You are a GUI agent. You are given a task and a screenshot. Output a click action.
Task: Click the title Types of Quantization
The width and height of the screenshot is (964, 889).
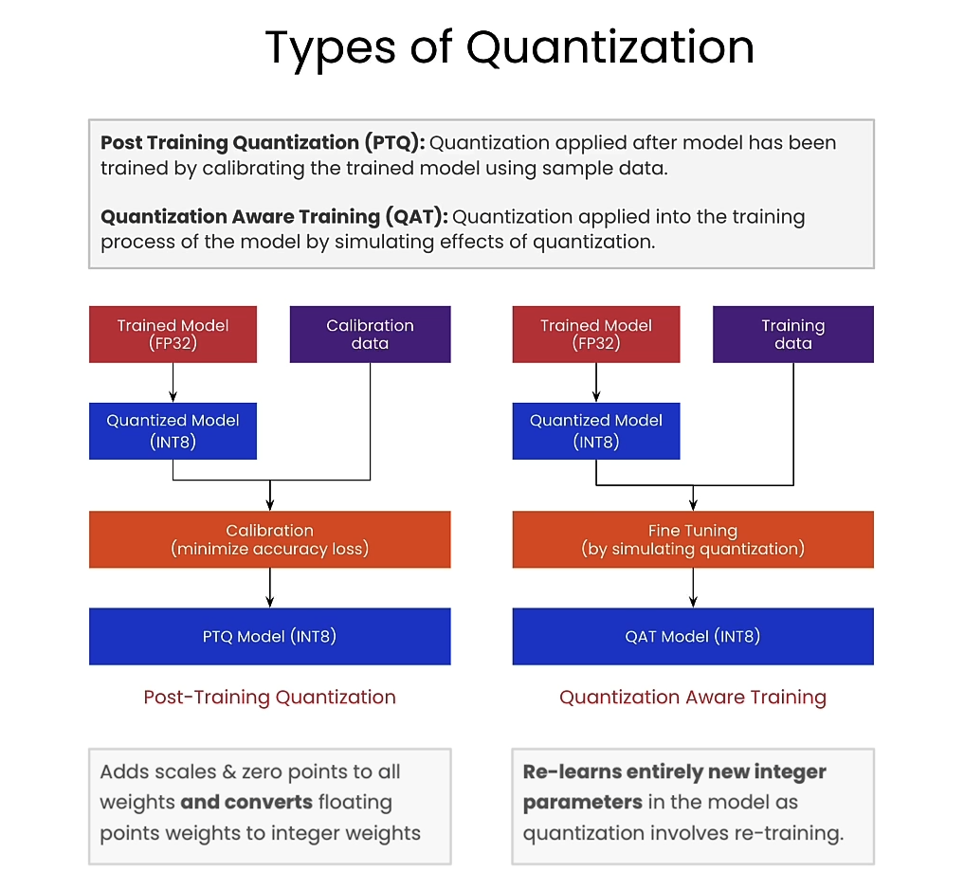click(x=509, y=47)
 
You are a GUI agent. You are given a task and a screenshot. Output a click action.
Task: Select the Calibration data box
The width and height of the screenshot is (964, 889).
click(x=370, y=334)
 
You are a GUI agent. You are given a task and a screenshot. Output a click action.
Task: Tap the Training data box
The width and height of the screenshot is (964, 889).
click(x=792, y=334)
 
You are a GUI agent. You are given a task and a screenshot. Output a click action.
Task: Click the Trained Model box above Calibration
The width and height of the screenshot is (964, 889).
click(x=173, y=334)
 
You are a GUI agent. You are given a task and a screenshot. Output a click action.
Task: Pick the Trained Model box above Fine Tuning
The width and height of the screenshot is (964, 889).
click(x=596, y=334)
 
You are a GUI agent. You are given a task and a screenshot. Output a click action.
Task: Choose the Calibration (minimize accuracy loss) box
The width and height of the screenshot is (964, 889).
click(x=269, y=539)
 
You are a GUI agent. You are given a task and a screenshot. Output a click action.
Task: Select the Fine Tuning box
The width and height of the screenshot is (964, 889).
click(x=692, y=539)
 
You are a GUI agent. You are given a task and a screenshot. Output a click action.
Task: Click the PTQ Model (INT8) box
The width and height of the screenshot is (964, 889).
click(x=269, y=636)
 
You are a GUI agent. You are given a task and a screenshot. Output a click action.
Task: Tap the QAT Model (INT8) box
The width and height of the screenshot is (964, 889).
click(x=692, y=636)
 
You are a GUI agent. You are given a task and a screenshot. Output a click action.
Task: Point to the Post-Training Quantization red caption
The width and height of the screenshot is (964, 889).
click(x=269, y=698)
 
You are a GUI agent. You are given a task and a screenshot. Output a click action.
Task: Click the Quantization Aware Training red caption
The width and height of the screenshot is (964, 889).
click(x=692, y=698)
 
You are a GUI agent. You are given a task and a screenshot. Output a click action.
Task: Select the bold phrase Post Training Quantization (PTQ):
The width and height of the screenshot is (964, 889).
click(x=263, y=143)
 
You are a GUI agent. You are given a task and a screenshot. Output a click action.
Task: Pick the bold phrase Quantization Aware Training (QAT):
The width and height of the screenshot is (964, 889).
click(x=274, y=216)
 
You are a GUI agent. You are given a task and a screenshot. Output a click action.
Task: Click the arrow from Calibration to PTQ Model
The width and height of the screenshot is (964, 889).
click(x=270, y=588)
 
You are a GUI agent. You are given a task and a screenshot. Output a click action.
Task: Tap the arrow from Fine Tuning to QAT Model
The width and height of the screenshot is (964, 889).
click(x=693, y=588)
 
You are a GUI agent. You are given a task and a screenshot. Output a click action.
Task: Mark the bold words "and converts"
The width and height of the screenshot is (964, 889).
click(x=246, y=802)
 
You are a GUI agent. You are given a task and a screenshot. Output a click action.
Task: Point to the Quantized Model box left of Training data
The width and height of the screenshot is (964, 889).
click(x=596, y=430)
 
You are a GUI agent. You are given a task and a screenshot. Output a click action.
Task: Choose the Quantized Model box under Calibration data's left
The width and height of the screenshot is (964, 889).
click(x=173, y=430)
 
